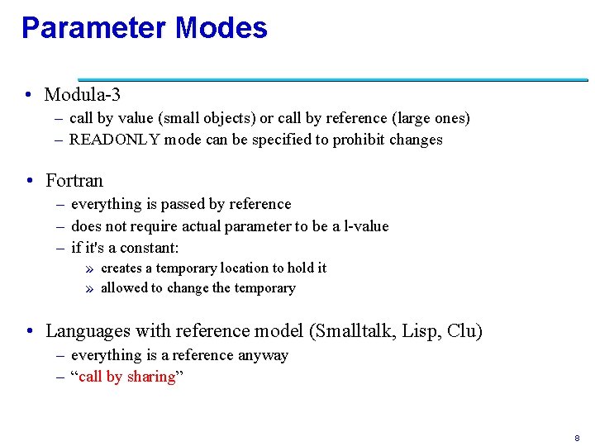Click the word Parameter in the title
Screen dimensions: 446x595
tap(93, 28)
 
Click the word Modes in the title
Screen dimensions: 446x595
tap(221, 28)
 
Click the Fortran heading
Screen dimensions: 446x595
tap(74, 180)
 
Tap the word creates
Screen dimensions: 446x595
tap(121, 268)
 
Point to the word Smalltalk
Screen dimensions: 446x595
tap(355, 331)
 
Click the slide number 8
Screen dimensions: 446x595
tap(576, 437)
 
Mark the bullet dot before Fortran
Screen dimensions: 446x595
tap(29, 180)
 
